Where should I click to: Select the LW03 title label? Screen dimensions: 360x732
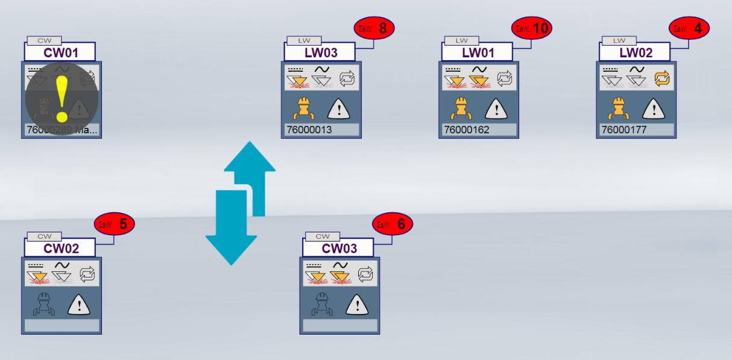[x=320, y=52]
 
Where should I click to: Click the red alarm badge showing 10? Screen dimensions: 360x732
[x=532, y=28]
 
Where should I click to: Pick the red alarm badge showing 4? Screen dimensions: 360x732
[x=690, y=28]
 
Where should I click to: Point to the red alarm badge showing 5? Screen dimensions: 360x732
[x=115, y=224]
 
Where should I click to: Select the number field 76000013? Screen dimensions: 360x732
[x=321, y=130]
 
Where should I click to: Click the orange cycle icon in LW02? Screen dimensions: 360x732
[x=662, y=78]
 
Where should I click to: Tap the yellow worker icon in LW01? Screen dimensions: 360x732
[x=459, y=109]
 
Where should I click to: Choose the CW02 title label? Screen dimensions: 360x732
[x=60, y=248]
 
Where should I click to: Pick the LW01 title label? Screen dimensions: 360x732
[x=478, y=52]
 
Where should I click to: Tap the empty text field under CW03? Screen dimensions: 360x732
[x=340, y=326]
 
